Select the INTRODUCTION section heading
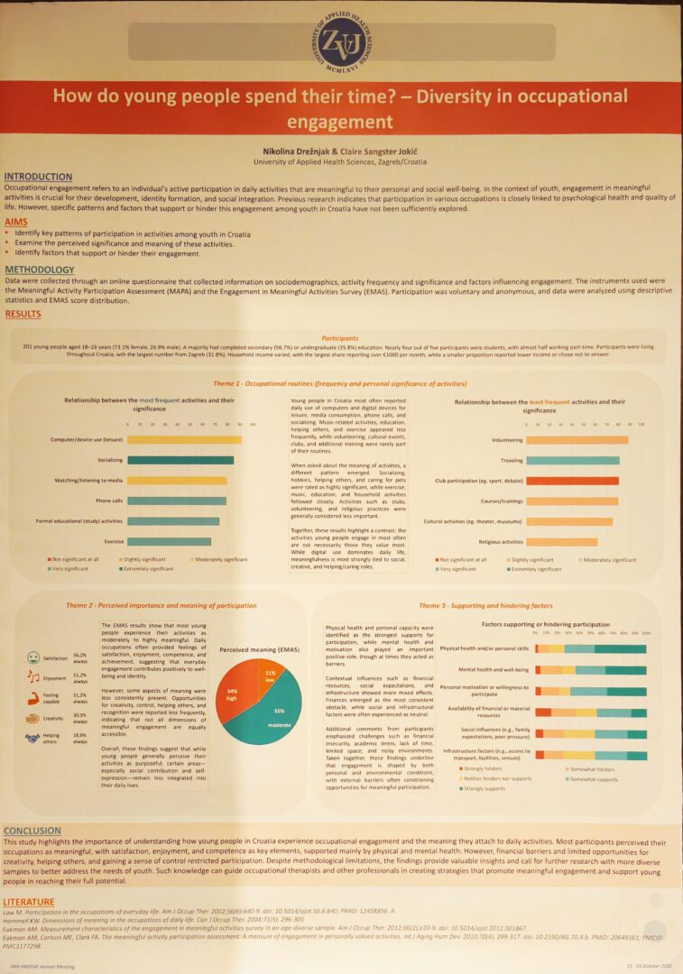[x=38, y=177]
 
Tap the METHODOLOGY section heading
[x=40, y=270]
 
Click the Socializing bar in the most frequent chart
[x=180, y=460]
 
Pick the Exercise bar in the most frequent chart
[x=169, y=541]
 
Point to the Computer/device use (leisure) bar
[x=184, y=439]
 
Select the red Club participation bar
[x=572, y=481]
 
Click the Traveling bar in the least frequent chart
[x=572, y=460]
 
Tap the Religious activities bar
[x=561, y=542]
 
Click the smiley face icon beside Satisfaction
[x=33, y=657]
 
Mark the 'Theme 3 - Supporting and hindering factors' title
[x=498, y=605]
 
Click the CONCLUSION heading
[x=32, y=830]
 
